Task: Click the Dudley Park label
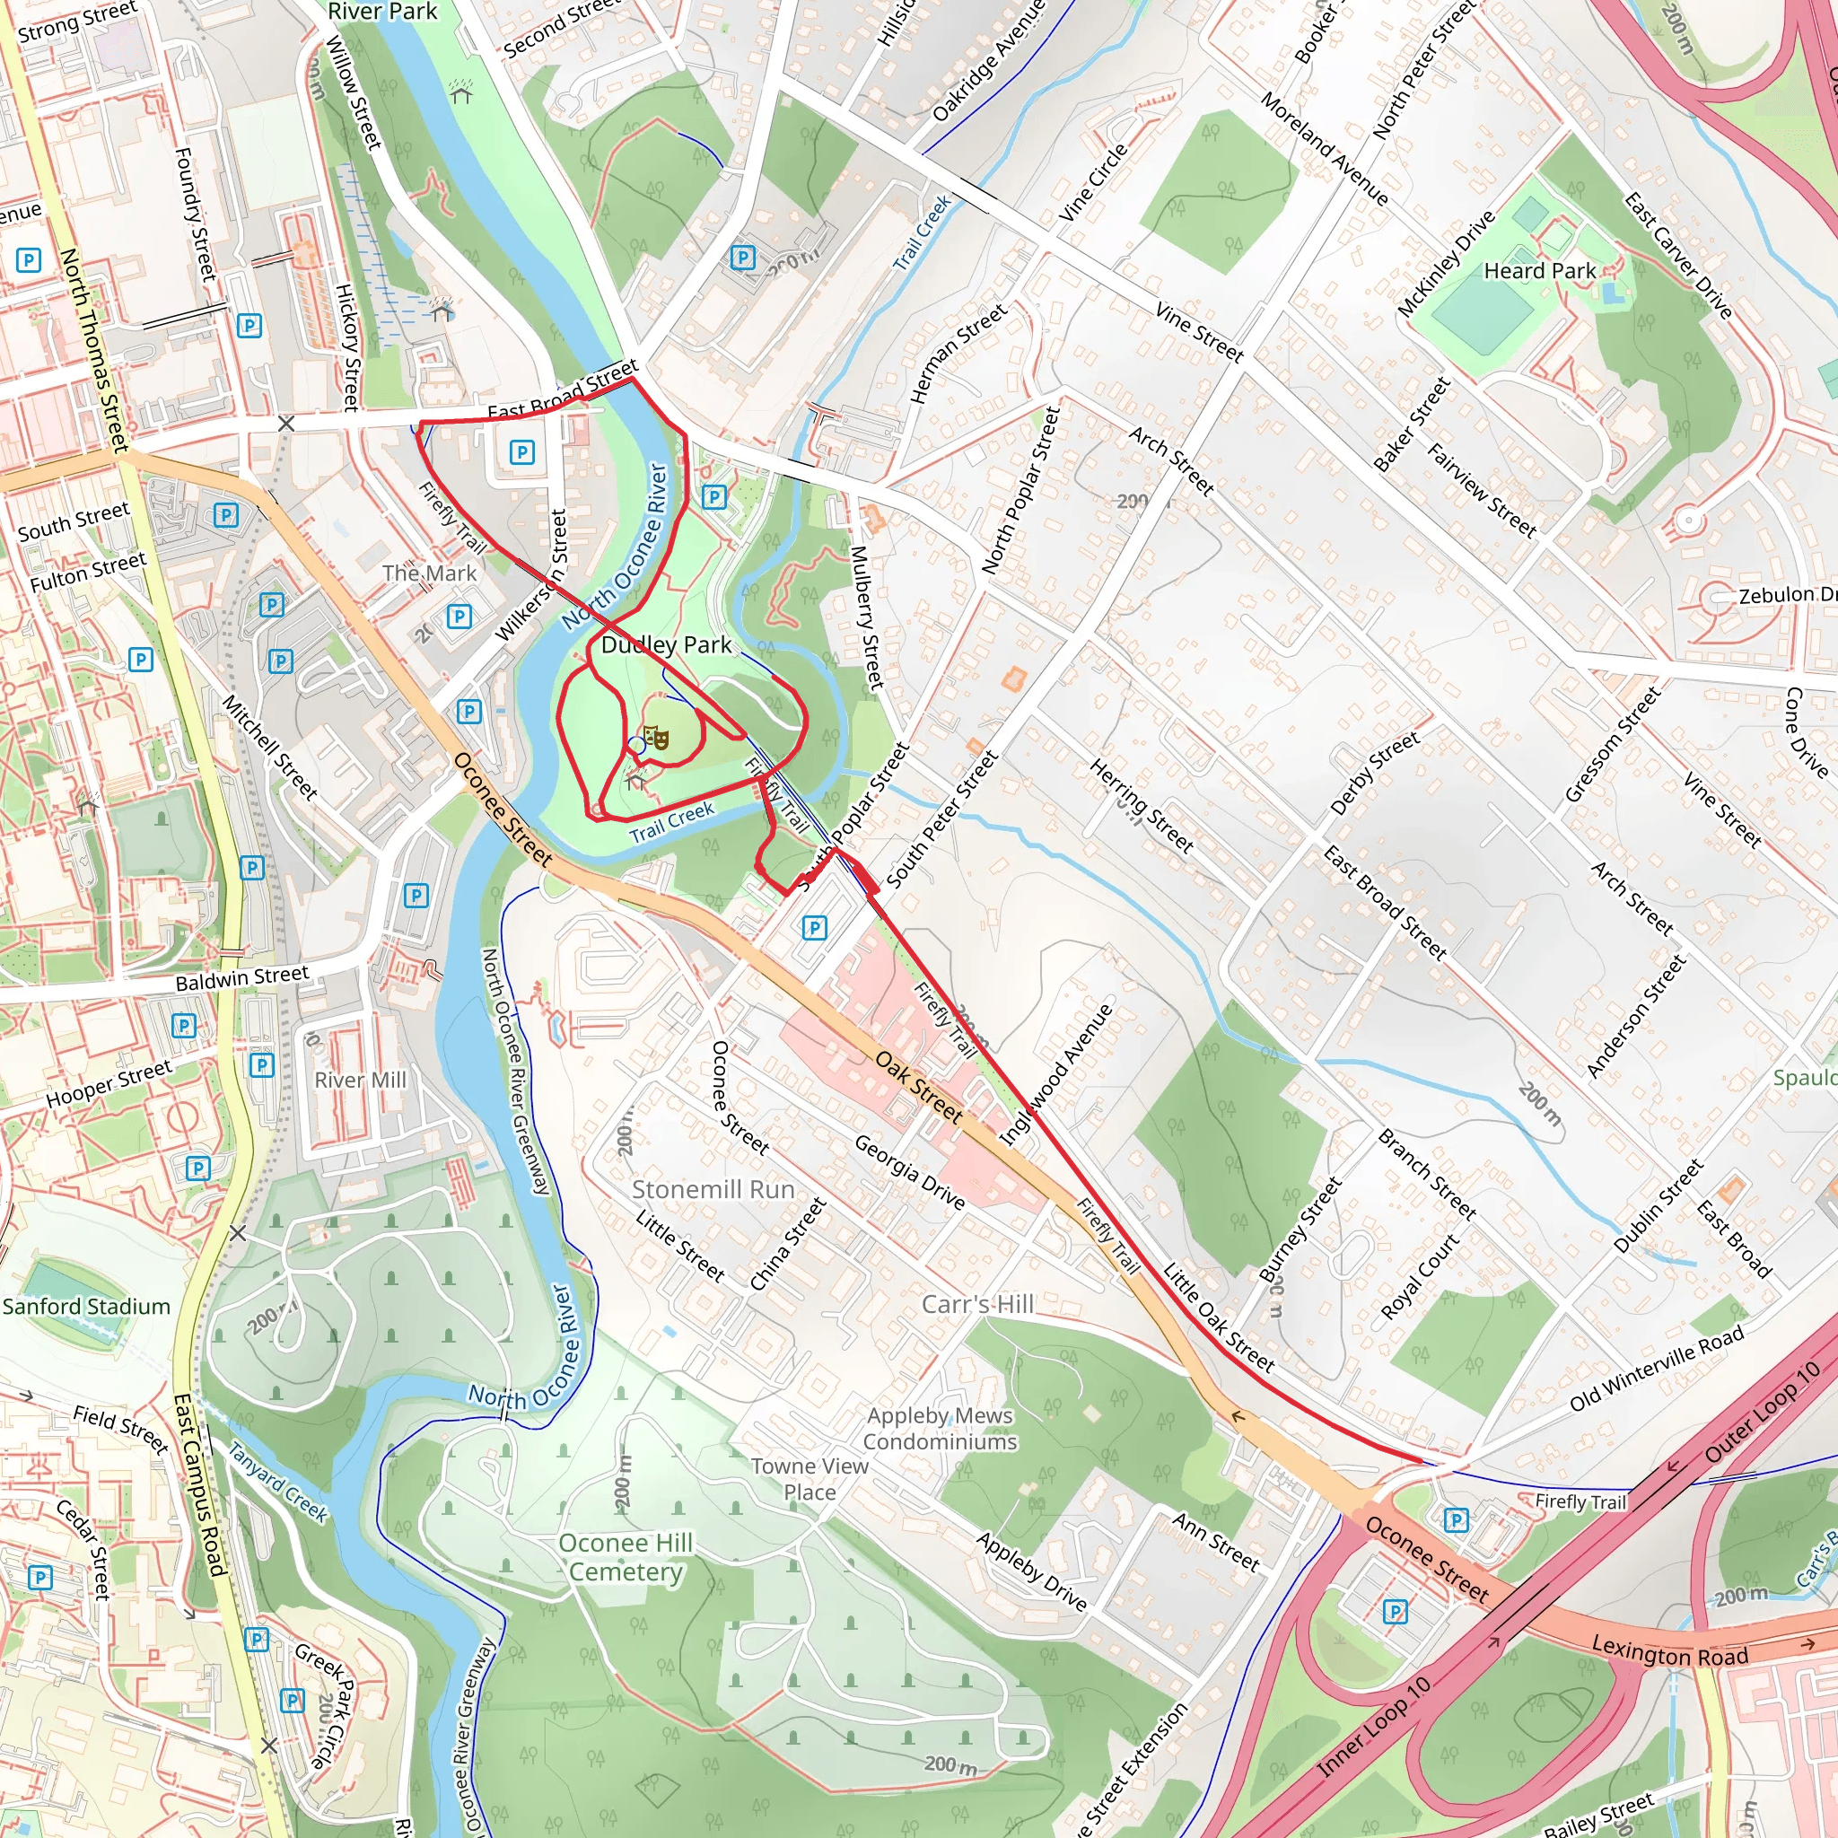[x=666, y=645]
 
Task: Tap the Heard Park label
[x=1539, y=271]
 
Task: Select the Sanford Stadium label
[x=86, y=1306]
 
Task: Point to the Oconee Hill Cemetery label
[x=626, y=1557]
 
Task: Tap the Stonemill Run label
[x=713, y=1189]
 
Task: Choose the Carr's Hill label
[x=977, y=1303]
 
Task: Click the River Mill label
[x=360, y=1080]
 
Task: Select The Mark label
[x=429, y=573]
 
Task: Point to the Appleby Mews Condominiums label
[x=940, y=1429]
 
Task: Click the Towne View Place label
[x=810, y=1479]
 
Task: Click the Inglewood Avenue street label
[x=1056, y=1074]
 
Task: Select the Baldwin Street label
[x=241, y=977]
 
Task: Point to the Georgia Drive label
[x=908, y=1171]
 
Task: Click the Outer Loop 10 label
[x=1762, y=1411]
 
